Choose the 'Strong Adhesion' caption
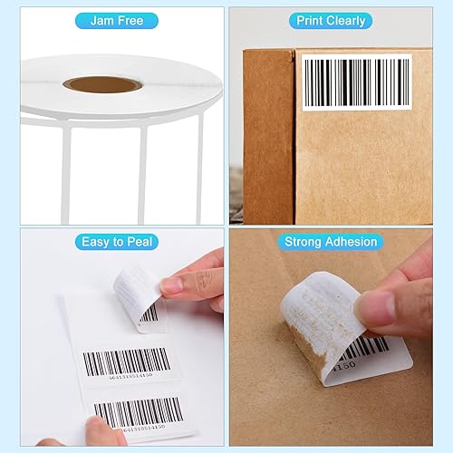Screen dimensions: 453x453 [331, 242]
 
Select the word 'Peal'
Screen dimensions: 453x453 [143, 242]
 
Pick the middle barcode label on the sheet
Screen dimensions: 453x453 [127, 362]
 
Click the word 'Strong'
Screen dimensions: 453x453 [304, 242]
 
